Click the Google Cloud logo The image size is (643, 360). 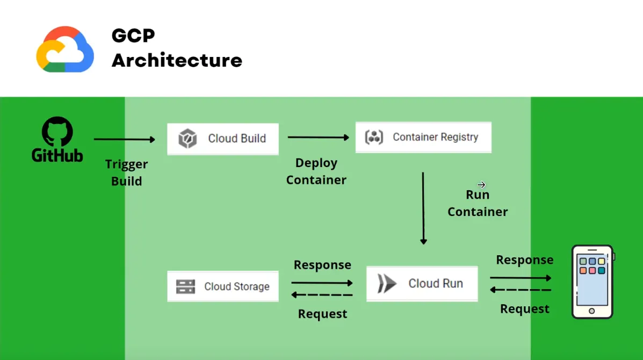pos(65,49)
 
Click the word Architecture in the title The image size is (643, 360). pos(177,60)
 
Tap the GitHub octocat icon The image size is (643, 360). pos(57,131)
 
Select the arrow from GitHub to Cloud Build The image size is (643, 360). pos(124,139)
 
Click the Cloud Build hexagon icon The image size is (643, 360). pos(187,138)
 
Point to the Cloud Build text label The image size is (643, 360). pos(237,139)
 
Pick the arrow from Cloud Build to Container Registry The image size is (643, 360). pos(318,138)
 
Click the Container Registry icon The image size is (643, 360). pos(374,137)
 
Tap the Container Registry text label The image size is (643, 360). pos(436,137)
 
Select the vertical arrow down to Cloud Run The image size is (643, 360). pos(423,208)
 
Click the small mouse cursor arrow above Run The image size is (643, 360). pos(481,184)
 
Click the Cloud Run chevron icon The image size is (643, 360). pos(387,283)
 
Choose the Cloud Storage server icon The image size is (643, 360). pos(185,286)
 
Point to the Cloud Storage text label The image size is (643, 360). pos(237,286)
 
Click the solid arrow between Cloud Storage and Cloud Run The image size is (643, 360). pos(322,283)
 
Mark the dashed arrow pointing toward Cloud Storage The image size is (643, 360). pos(322,295)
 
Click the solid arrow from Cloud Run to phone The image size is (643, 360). pos(521,278)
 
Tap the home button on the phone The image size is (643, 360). pos(592,311)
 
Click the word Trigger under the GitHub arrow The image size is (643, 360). pos(126,164)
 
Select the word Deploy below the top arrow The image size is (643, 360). pos(316,163)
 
